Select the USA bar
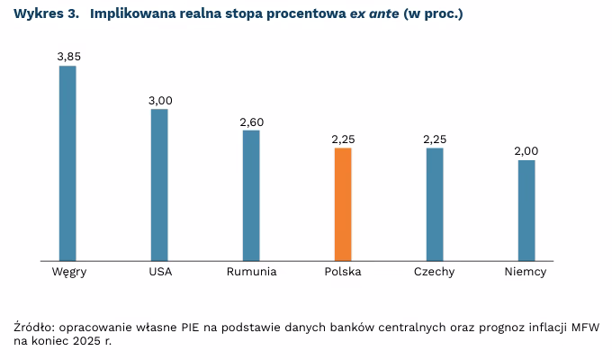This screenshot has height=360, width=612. [159, 185]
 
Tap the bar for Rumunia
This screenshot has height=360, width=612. [251, 196]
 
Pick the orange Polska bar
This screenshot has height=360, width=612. [343, 205]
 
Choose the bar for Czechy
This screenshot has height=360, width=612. [435, 205]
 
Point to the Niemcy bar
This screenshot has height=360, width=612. [526, 211]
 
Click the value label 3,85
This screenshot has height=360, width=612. [68, 56]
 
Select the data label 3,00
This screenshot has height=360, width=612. [160, 99]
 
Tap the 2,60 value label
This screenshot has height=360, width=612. [252, 121]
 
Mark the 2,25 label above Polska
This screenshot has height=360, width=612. [344, 139]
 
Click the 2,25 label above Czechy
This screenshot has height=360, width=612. [436, 139]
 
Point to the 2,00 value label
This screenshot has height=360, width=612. [526, 150]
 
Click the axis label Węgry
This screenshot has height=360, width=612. [68, 272]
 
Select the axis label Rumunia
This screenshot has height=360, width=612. [252, 272]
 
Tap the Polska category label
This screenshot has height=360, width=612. [343, 272]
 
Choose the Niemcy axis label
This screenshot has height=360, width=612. [526, 272]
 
